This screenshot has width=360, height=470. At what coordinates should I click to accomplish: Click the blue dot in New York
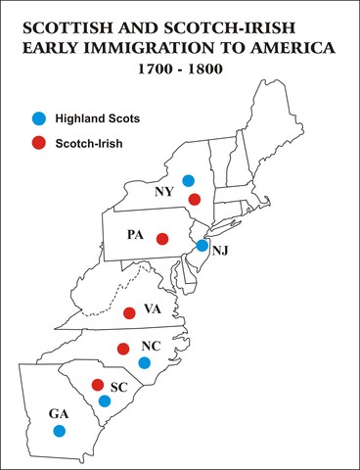pyautogui.click(x=189, y=180)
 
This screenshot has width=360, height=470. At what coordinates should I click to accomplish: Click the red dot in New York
pyautogui.click(x=195, y=200)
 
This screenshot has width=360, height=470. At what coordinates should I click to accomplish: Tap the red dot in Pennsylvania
pyautogui.click(x=162, y=239)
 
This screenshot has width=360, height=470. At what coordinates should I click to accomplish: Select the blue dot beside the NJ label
pyautogui.click(x=202, y=246)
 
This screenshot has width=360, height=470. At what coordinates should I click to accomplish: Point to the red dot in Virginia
pyautogui.click(x=130, y=313)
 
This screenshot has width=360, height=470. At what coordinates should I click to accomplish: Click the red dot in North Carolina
pyautogui.click(x=123, y=349)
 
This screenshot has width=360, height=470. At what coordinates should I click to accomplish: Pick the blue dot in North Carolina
pyautogui.click(x=144, y=363)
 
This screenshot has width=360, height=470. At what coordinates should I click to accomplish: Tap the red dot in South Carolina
pyautogui.click(x=97, y=384)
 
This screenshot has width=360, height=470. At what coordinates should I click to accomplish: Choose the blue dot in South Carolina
pyautogui.click(x=105, y=400)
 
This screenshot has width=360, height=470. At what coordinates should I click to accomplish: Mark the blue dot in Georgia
pyautogui.click(x=59, y=430)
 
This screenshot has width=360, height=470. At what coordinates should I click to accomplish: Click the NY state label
pyautogui.click(x=164, y=192)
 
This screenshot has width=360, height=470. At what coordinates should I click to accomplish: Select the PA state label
pyautogui.click(x=136, y=236)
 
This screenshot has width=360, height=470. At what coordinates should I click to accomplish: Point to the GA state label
pyautogui.click(x=46, y=413)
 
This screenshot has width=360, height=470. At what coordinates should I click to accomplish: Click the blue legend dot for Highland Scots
pyautogui.click(x=38, y=117)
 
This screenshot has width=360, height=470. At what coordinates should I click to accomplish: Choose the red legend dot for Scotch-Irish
pyautogui.click(x=38, y=143)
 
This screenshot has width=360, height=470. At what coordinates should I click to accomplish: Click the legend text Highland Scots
pyautogui.click(x=99, y=117)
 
